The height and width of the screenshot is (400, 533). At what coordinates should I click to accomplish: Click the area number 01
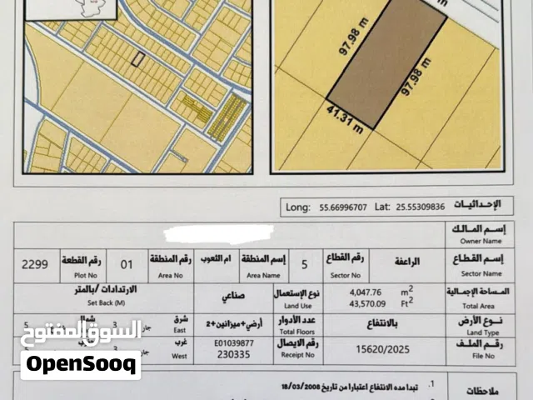(x=127, y=265)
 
